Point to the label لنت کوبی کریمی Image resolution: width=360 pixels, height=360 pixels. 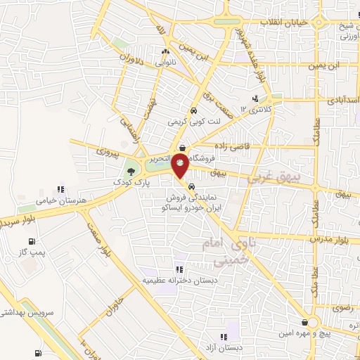click(193, 121)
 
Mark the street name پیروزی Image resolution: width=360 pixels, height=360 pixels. click(108, 150)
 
